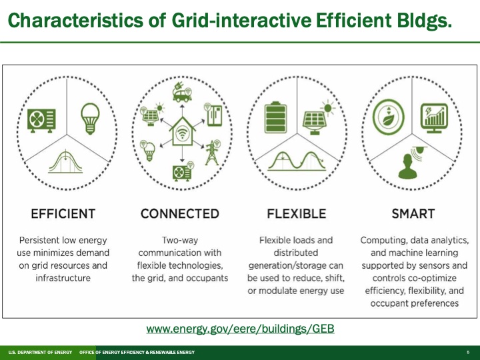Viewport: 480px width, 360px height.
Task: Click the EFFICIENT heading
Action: coord(63,214)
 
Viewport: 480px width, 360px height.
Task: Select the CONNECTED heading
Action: coord(180,214)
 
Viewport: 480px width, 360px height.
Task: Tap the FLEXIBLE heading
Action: coord(297,214)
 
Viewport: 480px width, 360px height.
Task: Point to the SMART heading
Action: coord(413,214)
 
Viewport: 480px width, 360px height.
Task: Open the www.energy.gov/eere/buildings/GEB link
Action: coord(240,329)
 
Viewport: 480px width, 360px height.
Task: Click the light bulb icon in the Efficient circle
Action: coord(89,117)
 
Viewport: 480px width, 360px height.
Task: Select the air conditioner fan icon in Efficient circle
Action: coord(39,120)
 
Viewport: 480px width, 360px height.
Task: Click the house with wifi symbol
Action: coord(181,133)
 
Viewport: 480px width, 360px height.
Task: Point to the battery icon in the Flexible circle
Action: coord(274,119)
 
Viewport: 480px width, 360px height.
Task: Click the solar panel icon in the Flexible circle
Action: coord(313,119)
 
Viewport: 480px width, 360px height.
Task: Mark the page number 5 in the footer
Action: coord(469,352)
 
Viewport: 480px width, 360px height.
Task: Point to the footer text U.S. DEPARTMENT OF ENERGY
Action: coord(39,352)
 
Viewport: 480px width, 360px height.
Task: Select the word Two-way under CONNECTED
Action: coord(180,239)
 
